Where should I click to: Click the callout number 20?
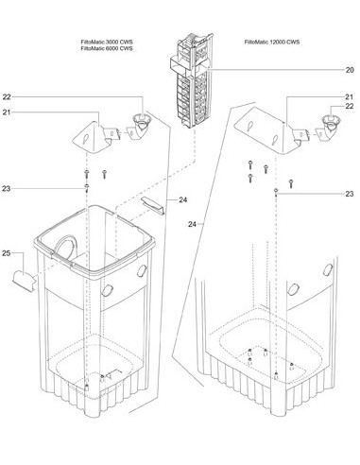click(x=350, y=70)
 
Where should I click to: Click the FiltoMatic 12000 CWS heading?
click(x=272, y=42)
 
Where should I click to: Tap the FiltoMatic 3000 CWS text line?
click(x=107, y=43)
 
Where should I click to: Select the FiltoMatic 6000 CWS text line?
click(x=107, y=48)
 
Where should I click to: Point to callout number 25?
click(x=7, y=253)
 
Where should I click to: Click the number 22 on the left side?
click(x=7, y=97)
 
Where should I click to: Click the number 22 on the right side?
click(x=350, y=107)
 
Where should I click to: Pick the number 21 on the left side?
click(x=7, y=112)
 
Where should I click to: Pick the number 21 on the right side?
click(x=350, y=97)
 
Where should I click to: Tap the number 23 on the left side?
click(x=7, y=189)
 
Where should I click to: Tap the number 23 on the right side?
click(x=350, y=194)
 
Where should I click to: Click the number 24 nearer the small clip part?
click(x=183, y=200)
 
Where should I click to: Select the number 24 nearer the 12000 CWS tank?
click(x=192, y=224)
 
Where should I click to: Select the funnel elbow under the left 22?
click(x=140, y=127)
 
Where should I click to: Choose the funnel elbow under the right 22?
click(x=329, y=129)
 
